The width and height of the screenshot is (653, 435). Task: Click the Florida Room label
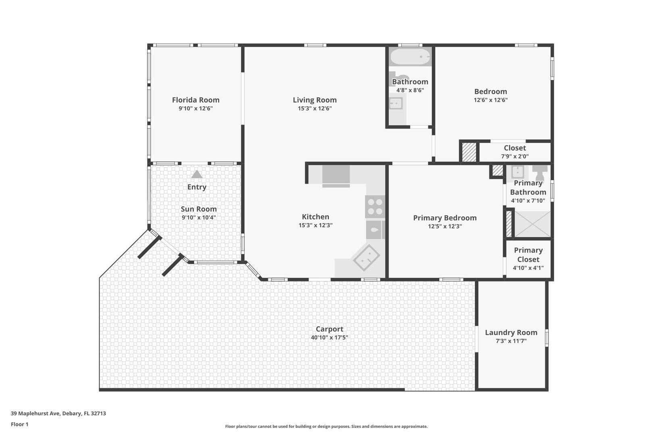(x=195, y=100)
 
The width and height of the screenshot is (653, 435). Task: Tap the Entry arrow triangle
(x=197, y=174)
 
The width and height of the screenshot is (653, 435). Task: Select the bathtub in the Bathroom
(x=410, y=57)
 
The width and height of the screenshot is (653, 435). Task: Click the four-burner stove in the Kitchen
(x=375, y=207)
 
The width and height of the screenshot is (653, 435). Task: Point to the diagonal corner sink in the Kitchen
(x=366, y=257)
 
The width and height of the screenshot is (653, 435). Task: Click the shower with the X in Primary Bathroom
(x=532, y=224)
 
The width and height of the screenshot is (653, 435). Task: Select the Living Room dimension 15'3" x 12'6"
(x=315, y=108)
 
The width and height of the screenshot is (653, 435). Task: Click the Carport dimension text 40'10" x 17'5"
(x=329, y=338)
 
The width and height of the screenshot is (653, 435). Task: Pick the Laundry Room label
(x=511, y=332)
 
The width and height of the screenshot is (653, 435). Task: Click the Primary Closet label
(x=528, y=255)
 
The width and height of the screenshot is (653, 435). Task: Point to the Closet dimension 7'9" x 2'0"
(x=515, y=156)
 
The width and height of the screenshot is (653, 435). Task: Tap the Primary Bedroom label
(x=445, y=218)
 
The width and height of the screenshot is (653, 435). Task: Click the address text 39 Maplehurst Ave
(x=35, y=413)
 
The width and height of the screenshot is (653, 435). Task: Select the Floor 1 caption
(x=19, y=424)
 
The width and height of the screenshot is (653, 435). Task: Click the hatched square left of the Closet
(x=469, y=152)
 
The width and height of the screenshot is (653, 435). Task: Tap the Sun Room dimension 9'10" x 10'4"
(x=199, y=217)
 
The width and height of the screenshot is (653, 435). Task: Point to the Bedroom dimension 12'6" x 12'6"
(x=491, y=100)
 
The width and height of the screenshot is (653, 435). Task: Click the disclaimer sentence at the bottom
(x=326, y=426)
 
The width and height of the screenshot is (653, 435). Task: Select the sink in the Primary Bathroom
(x=518, y=172)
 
